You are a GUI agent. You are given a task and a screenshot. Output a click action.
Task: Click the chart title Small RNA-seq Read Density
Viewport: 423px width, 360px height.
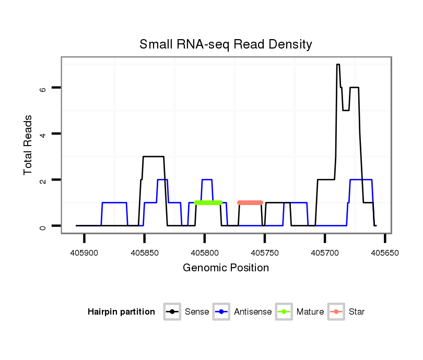[226, 44]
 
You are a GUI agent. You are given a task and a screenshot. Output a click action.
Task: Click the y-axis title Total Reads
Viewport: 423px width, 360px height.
[28, 145]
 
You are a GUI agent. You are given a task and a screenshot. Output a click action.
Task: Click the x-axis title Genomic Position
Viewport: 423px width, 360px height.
[226, 268]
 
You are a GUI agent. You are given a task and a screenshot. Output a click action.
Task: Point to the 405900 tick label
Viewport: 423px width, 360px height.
[84, 252]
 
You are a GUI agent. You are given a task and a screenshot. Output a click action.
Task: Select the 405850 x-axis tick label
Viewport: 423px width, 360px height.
[144, 252]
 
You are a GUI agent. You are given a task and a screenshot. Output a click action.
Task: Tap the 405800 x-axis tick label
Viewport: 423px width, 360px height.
[204, 252]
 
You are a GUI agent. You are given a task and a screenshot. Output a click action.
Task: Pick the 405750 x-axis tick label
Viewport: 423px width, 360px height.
[265, 252]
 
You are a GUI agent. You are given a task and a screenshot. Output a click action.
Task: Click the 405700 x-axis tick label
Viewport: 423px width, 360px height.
[325, 252]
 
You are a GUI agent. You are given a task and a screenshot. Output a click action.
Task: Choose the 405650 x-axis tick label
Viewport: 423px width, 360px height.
[385, 252]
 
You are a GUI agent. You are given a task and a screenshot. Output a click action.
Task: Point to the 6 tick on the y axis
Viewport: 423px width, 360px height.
[43, 88]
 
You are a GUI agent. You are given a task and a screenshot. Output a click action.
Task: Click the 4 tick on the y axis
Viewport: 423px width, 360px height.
[43, 134]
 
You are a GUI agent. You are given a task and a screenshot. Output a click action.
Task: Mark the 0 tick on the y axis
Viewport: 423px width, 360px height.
[43, 226]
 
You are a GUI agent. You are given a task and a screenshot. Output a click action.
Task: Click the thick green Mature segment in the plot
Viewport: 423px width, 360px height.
[208, 202]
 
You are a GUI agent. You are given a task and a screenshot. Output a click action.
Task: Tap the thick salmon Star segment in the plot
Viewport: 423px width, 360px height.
[250, 202]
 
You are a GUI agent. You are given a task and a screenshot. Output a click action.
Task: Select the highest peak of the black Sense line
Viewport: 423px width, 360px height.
[338, 65]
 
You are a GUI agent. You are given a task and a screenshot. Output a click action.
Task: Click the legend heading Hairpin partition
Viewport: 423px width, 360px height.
[121, 312]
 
